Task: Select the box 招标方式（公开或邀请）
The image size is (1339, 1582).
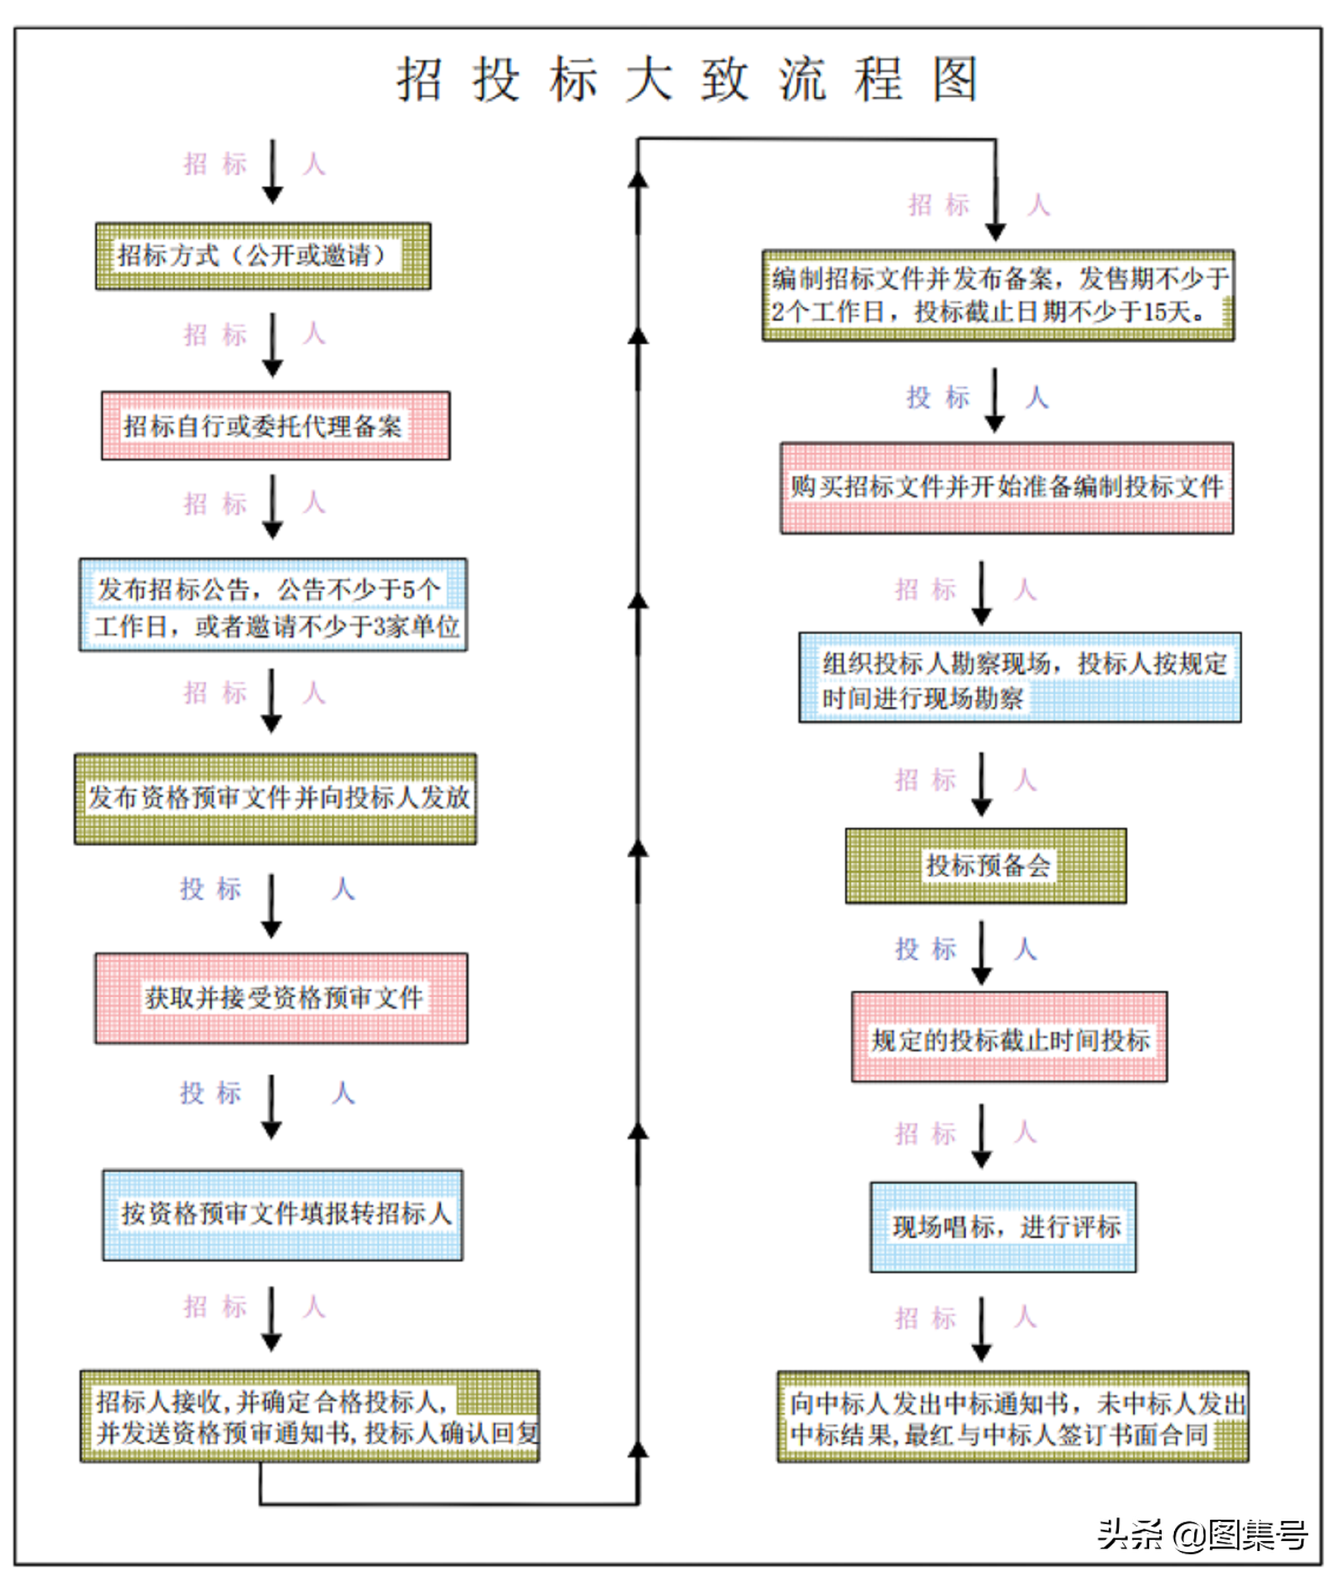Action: pyautogui.click(x=263, y=256)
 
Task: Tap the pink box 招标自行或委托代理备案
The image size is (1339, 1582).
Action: pyautogui.click(x=275, y=425)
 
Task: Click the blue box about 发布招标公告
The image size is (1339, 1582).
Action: pyautogui.click(x=273, y=604)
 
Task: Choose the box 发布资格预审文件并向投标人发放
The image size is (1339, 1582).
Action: pyautogui.click(x=275, y=798)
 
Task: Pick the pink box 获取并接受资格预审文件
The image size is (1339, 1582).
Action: pyautogui.click(x=281, y=997)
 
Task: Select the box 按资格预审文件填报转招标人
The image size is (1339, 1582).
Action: pyautogui.click(x=282, y=1214)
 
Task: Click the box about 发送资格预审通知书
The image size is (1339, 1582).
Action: pyautogui.click(x=310, y=1415)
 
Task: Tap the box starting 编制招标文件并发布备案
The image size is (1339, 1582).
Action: pyautogui.click(x=998, y=295)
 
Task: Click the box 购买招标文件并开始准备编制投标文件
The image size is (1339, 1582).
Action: pyautogui.click(x=1006, y=487)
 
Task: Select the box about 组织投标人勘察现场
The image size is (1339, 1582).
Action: pyautogui.click(x=1019, y=677)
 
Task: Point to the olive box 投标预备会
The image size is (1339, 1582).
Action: pyautogui.click(x=985, y=865)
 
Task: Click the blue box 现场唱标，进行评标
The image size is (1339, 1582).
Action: pyautogui.click(x=1003, y=1226)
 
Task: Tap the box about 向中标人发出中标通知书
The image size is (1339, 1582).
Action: pyautogui.click(x=1013, y=1416)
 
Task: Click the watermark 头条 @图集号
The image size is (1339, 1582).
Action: pyautogui.click(x=1202, y=1533)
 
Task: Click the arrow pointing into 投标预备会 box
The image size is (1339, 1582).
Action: pyautogui.click(x=982, y=784)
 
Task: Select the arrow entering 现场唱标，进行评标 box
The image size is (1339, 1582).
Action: pyautogui.click(x=982, y=1136)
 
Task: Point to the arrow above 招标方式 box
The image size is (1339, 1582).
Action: pyautogui.click(x=273, y=172)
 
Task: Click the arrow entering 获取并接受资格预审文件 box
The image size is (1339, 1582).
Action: pyautogui.click(x=271, y=906)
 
